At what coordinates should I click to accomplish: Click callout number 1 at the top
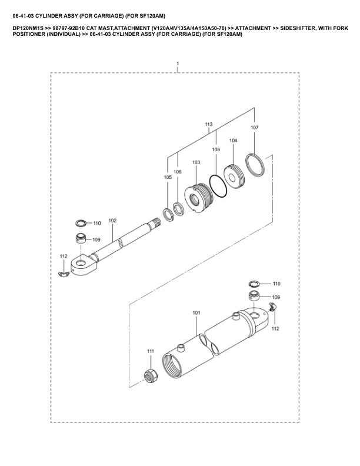pyautogui.click(x=177, y=63)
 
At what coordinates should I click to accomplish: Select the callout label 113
pyautogui.click(x=208, y=125)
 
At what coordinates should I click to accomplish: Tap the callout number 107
pyautogui.click(x=254, y=128)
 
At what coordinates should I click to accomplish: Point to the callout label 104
pyautogui.click(x=233, y=141)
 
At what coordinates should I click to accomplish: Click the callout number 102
pyautogui.click(x=112, y=221)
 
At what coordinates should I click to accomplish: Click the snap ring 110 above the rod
pyautogui.click(x=81, y=222)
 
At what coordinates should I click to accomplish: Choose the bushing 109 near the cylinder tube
pyautogui.click(x=254, y=295)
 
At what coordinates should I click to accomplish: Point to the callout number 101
pyautogui.click(x=196, y=313)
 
